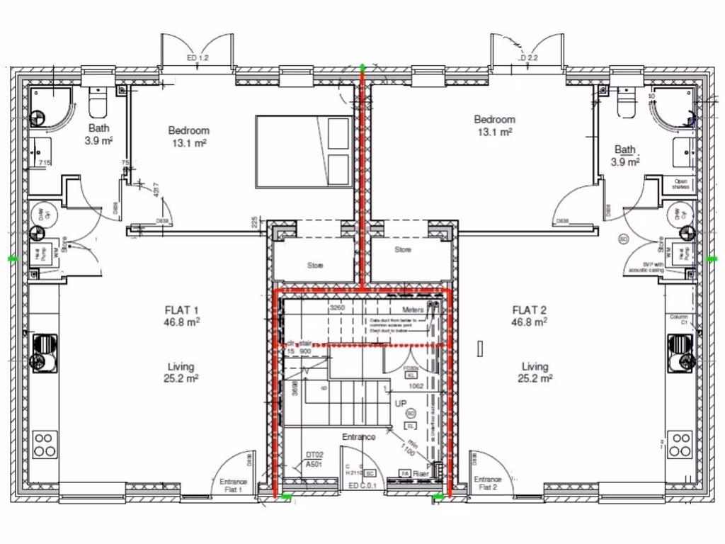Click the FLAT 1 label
click(181, 310)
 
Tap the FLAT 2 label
click(530, 310)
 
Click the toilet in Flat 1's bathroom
click(98, 105)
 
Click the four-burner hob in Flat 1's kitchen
click(44, 444)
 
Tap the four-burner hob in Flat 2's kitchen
click(681, 444)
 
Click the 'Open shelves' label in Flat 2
click(681, 183)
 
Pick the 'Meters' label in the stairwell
click(413, 310)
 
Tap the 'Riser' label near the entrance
click(422, 474)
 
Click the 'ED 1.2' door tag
click(198, 58)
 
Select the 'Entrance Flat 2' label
click(487, 484)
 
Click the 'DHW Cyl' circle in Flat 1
click(40, 212)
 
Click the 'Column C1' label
click(679, 319)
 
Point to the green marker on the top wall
click(362, 68)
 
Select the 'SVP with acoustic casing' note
click(644, 268)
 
